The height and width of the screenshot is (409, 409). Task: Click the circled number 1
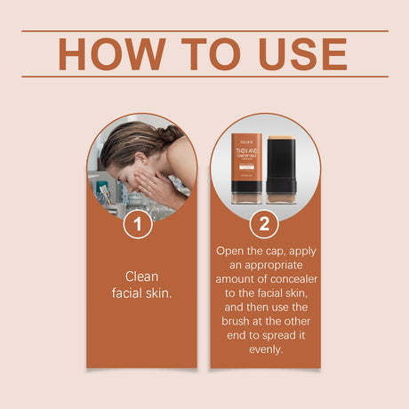(x=137, y=223)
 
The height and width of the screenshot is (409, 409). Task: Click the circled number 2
(x=264, y=223)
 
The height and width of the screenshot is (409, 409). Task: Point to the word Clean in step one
(x=141, y=277)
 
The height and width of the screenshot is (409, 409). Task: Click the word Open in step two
(x=232, y=251)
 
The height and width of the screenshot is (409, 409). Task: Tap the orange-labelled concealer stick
(x=247, y=166)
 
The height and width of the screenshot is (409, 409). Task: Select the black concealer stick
(x=282, y=166)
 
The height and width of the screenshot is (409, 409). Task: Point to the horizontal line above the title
(x=204, y=31)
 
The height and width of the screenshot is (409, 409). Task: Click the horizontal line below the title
(x=204, y=76)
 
